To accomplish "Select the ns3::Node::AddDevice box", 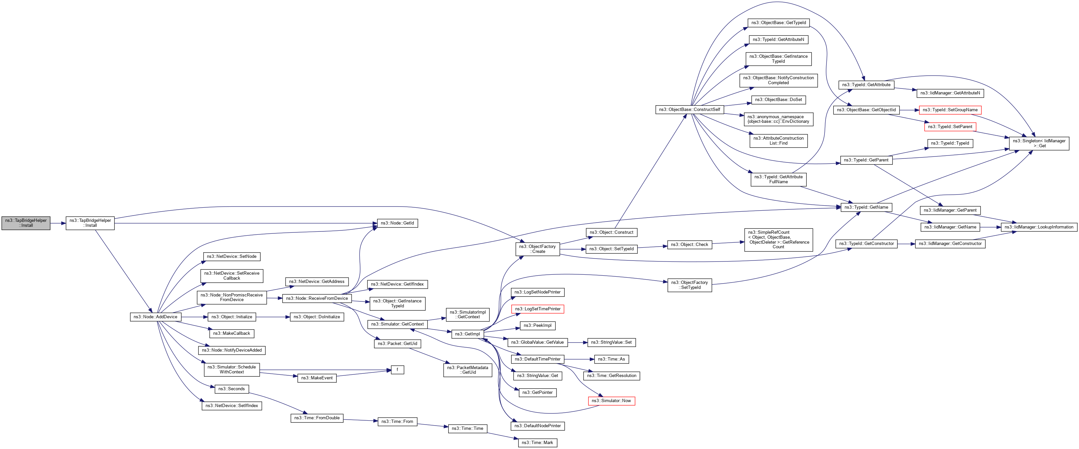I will (x=155, y=317).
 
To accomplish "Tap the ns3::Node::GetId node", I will (x=397, y=223).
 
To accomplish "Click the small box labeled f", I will (x=397, y=370).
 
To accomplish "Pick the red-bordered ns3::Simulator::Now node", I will (x=611, y=401).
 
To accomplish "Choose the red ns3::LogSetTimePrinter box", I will (x=537, y=309).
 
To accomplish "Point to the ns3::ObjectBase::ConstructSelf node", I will (x=689, y=110).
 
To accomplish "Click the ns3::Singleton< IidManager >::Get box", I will (x=1039, y=143).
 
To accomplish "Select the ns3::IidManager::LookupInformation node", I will (x=1039, y=227).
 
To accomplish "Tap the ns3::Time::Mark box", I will (x=537, y=443).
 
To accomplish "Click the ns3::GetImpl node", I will (x=467, y=334).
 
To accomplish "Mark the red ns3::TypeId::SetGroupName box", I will (x=950, y=110).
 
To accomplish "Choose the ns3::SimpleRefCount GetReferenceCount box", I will (x=778, y=240).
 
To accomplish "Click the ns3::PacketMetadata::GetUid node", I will (x=467, y=370).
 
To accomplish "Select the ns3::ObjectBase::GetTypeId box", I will (x=778, y=23).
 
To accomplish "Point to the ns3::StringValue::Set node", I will (x=611, y=342).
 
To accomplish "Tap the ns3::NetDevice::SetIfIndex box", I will (x=232, y=406).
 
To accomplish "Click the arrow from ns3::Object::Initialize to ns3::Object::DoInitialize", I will (x=273, y=317).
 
